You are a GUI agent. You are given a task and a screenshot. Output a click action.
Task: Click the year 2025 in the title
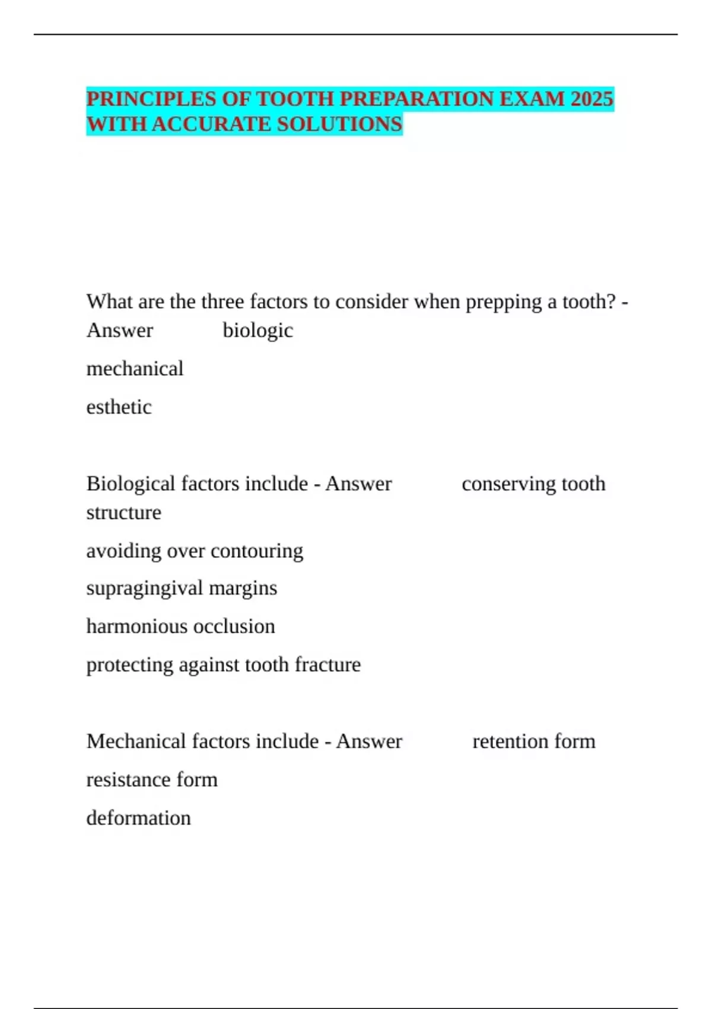click(591, 99)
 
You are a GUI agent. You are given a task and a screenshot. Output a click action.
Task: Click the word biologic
click(258, 331)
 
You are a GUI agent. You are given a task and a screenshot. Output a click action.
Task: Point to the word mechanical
click(135, 369)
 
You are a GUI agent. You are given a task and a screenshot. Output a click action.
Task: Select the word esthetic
click(119, 407)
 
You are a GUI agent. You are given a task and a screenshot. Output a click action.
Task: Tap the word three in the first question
click(223, 302)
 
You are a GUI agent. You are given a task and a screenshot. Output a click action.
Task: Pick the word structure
click(123, 512)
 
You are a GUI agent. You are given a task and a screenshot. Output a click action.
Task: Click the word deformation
click(138, 818)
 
